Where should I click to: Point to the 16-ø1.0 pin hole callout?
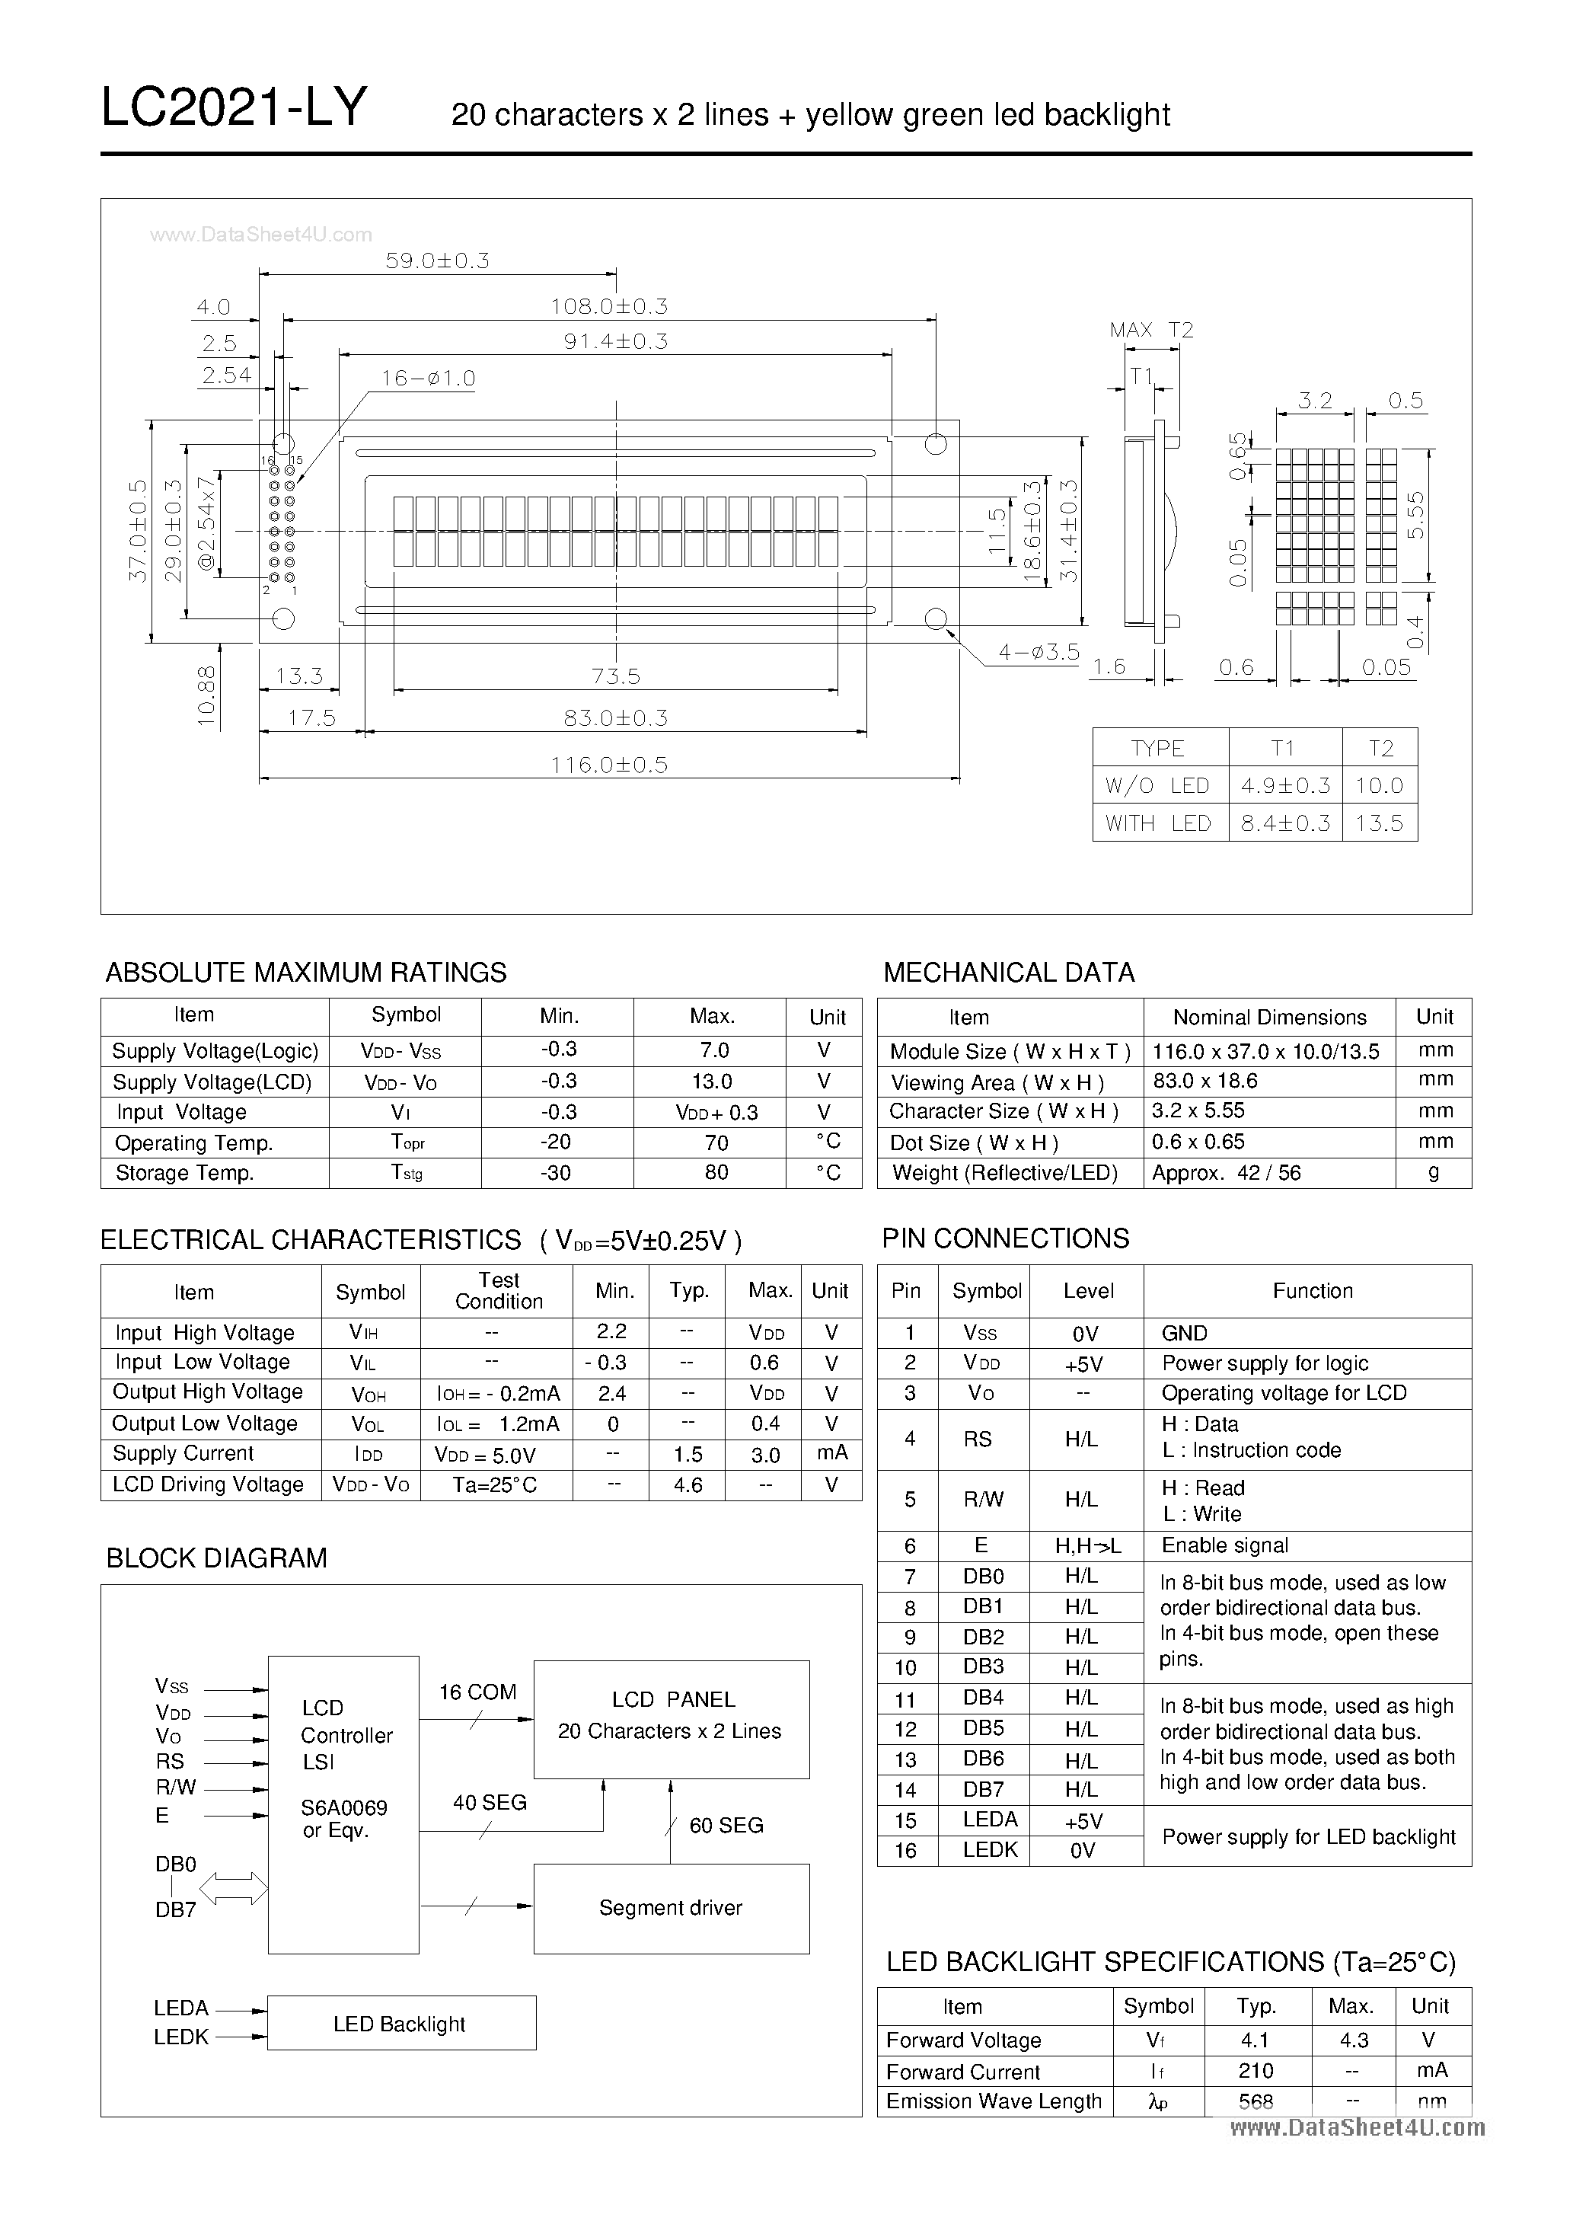(427, 378)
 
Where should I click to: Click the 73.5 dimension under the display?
(616, 676)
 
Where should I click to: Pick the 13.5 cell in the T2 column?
(1380, 823)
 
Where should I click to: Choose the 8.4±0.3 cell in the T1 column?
(1285, 823)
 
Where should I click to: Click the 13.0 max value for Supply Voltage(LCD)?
(712, 1081)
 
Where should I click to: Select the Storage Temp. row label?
(184, 1173)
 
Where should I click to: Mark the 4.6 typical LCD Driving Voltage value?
(688, 1485)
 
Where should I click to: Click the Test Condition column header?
(499, 1291)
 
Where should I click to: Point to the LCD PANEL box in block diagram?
(672, 1719)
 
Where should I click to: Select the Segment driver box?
(672, 1908)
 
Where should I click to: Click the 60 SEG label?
(726, 1825)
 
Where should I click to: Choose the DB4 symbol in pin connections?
(983, 1697)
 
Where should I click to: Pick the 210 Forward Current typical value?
(1256, 2070)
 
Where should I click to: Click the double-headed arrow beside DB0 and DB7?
(234, 1888)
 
